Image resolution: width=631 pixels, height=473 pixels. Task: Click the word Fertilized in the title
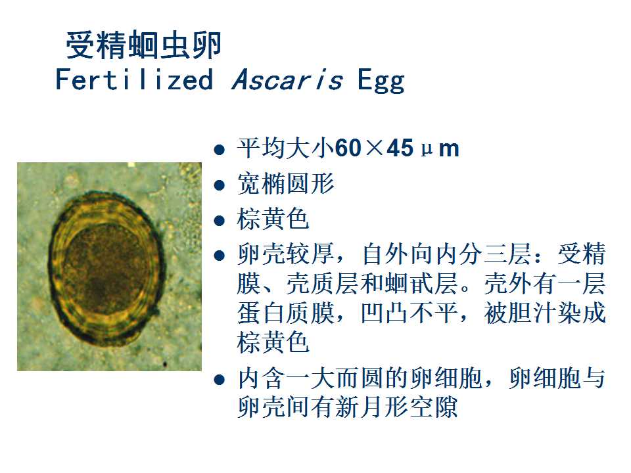click(x=134, y=79)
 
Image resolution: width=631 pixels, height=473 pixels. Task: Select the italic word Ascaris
click(x=287, y=79)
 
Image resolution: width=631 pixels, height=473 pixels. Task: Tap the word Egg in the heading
click(x=381, y=80)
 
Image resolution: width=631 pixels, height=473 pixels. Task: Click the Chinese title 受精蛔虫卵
click(x=144, y=45)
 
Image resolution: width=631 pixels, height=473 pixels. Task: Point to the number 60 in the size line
click(x=348, y=148)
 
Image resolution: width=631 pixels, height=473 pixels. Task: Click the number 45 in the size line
click(x=400, y=148)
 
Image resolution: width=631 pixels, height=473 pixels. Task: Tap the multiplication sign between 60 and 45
click(x=374, y=148)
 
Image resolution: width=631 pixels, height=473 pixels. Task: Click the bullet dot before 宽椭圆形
click(x=220, y=185)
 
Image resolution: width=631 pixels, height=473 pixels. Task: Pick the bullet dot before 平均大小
click(x=220, y=150)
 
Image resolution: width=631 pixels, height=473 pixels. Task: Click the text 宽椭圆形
click(x=286, y=183)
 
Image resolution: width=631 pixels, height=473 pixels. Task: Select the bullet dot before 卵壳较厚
click(x=220, y=256)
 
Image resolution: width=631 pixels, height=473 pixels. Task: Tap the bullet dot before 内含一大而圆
click(x=220, y=379)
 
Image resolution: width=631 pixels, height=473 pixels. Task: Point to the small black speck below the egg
click(x=165, y=365)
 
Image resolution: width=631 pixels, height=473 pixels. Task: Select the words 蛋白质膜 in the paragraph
click(x=286, y=313)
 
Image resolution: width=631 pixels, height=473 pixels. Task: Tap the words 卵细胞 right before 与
click(x=544, y=378)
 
